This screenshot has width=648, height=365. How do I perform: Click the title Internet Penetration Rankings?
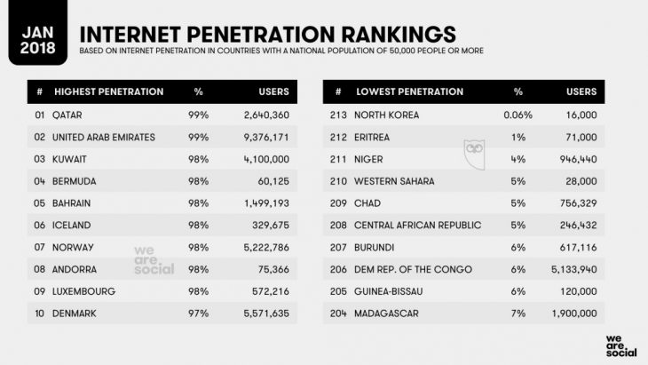(x=268, y=32)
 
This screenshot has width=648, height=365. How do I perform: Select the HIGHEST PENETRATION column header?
(x=109, y=91)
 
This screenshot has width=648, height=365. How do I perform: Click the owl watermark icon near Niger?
(x=472, y=152)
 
